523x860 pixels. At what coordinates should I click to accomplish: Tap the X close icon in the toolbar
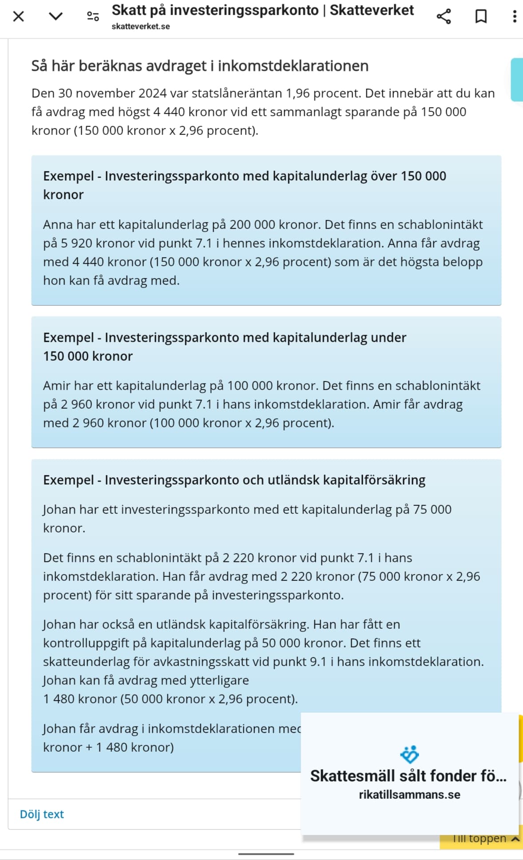pyautogui.click(x=19, y=17)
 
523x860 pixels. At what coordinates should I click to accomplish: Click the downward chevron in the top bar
pyautogui.click(x=55, y=17)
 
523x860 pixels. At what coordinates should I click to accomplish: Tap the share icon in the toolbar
pyautogui.click(x=444, y=17)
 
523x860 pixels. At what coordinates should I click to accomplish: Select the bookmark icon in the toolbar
pyautogui.click(x=481, y=17)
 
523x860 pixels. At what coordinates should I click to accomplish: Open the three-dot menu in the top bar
pyautogui.click(x=514, y=17)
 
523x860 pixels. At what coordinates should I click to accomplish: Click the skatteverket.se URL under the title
pyautogui.click(x=140, y=27)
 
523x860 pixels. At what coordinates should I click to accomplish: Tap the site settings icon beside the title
pyautogui.click(x=93, y=17)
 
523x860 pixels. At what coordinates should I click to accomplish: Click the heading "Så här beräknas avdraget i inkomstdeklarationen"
pyautogui.click(x=200, y=66)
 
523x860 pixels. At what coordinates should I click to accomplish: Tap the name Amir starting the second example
pyautogui.click(x=57, y=386)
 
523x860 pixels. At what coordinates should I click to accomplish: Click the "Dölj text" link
pyautogui.click(x=42, y=814)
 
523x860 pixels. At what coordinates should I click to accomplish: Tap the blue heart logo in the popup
pyautogui.click(x=409, y=754)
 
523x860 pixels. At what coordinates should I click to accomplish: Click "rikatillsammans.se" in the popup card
pyautogui.click(x=409, y=795)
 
